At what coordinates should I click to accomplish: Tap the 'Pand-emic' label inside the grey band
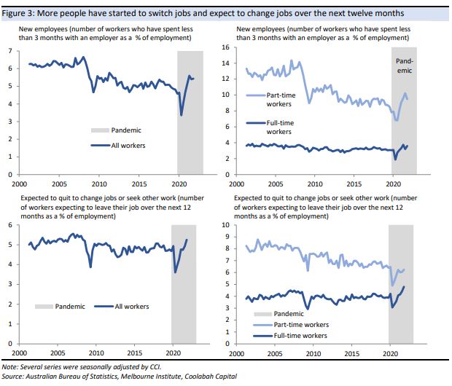pos(405,66)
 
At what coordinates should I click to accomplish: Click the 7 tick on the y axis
pos(10,51)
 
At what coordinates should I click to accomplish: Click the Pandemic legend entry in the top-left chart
pos(125,130)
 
